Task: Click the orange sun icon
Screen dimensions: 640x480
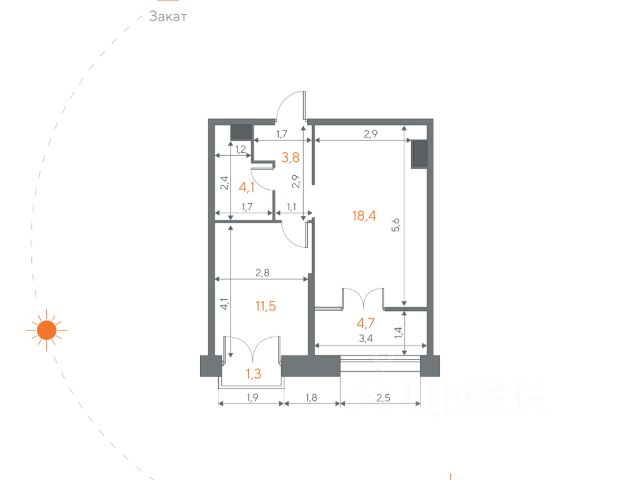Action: click(47, 330)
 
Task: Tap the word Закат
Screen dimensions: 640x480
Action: click(168, 16)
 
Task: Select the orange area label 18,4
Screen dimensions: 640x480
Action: click(364, 216)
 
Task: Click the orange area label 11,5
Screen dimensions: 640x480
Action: click(266, 306)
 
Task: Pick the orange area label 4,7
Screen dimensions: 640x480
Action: click(365, 323)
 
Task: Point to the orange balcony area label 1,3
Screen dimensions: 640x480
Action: click(253, 373)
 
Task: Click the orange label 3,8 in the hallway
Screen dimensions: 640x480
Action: click(291, 157)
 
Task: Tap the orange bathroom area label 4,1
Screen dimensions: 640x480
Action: click(247, 187)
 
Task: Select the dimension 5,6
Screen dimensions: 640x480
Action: click(395, 225)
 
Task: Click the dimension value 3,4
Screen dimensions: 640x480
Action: click(365, 338)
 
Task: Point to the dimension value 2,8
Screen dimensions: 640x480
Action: click(262, 272)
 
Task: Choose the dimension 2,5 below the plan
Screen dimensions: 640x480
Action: click(383, 398)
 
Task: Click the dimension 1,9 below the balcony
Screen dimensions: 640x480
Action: click(252, 398)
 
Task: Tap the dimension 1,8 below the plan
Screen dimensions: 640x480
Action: click(311, 398)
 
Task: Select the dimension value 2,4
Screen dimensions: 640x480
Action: click(224, 183)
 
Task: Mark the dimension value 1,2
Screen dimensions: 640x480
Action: click(241, 149)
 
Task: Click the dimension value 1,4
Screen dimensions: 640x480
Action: click(399, 333)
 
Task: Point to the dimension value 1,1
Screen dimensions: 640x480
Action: click(291, 207)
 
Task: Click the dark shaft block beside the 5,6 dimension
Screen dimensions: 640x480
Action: click(419, 154)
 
